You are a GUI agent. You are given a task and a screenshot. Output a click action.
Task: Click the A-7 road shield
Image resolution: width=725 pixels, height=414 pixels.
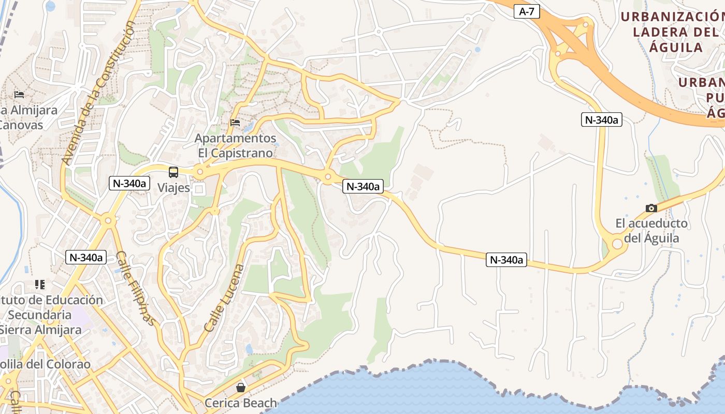(x=527, y=11)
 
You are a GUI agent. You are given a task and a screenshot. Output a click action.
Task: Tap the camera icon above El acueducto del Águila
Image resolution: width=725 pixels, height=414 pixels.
(x=651, y=208)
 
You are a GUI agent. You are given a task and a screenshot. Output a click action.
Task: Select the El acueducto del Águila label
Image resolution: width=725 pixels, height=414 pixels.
(x=651, y=231)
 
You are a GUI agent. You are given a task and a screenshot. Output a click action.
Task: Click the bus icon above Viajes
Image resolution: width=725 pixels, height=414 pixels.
(x=173, y=172)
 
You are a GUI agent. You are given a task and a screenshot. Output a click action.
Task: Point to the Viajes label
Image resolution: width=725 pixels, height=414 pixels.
(x=174, y=187)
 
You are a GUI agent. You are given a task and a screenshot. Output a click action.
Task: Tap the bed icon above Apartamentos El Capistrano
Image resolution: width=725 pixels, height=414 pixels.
(x=235, y=123)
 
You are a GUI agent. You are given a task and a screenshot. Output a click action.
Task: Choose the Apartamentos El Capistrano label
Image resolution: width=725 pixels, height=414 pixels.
(x=236, y=146)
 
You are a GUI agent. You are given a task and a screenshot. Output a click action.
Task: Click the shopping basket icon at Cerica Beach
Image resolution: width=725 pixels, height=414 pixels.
(x=241, y=387)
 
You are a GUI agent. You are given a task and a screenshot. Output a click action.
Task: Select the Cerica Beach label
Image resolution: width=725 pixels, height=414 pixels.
(x=241, y=403)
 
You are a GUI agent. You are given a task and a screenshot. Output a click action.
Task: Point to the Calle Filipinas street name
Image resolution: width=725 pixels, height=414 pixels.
(x=136, y=288)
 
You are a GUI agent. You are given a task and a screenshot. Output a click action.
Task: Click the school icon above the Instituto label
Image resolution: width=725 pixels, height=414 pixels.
(x=40, y=284)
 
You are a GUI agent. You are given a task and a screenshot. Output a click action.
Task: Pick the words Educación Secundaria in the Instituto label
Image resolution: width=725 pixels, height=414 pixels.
(x=52, y=307)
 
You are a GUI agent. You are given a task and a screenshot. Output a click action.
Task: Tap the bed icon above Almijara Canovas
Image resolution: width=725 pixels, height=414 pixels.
(x=19, y=95)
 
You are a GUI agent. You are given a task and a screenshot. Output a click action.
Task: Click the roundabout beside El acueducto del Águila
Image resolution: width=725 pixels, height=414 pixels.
(x=617, y=244)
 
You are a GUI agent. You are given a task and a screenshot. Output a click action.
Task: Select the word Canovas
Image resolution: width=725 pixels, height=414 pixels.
(x=21, y=125)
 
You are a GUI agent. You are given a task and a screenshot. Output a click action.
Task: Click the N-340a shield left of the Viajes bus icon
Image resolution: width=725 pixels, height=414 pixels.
(x=129, y=183)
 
